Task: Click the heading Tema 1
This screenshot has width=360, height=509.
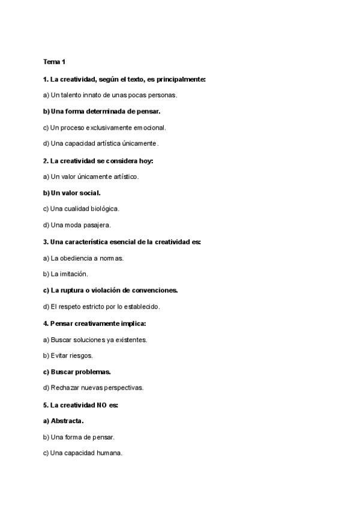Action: pos(55,62)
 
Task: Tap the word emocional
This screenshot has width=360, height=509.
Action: pos(146,127)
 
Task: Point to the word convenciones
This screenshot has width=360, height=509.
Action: pos(156,290)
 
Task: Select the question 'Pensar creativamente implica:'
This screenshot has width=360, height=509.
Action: pos(94,323)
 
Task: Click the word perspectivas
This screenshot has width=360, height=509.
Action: pos(122,388)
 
